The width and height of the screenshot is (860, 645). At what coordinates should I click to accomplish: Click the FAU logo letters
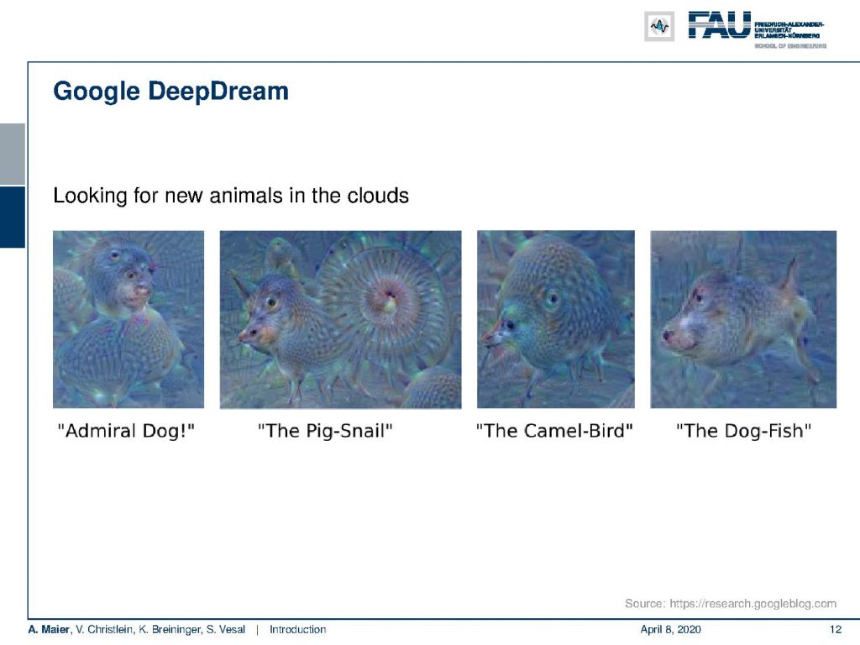point(719,25)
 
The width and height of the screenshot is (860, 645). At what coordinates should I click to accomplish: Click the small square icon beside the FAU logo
point(659,26)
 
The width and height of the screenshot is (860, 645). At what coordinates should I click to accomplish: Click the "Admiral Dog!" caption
point(126,431)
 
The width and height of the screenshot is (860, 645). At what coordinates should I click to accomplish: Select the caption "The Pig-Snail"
point(325,431)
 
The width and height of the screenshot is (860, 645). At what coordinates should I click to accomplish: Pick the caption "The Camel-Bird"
point(554,431)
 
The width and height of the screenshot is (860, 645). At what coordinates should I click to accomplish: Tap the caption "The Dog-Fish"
point(744,431)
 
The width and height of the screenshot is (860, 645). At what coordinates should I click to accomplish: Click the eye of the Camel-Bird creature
point(553,299)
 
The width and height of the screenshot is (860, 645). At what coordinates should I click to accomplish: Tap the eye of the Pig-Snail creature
point(271,302)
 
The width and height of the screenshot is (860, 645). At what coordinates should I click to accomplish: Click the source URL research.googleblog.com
point(753,604)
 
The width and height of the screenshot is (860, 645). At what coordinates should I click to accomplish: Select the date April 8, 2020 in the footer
point(670,630)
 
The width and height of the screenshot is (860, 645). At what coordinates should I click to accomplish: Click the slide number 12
point(836,630)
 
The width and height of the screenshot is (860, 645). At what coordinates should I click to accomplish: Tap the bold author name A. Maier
point(49,630)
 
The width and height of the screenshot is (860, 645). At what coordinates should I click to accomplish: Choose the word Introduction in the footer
point(298,630)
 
